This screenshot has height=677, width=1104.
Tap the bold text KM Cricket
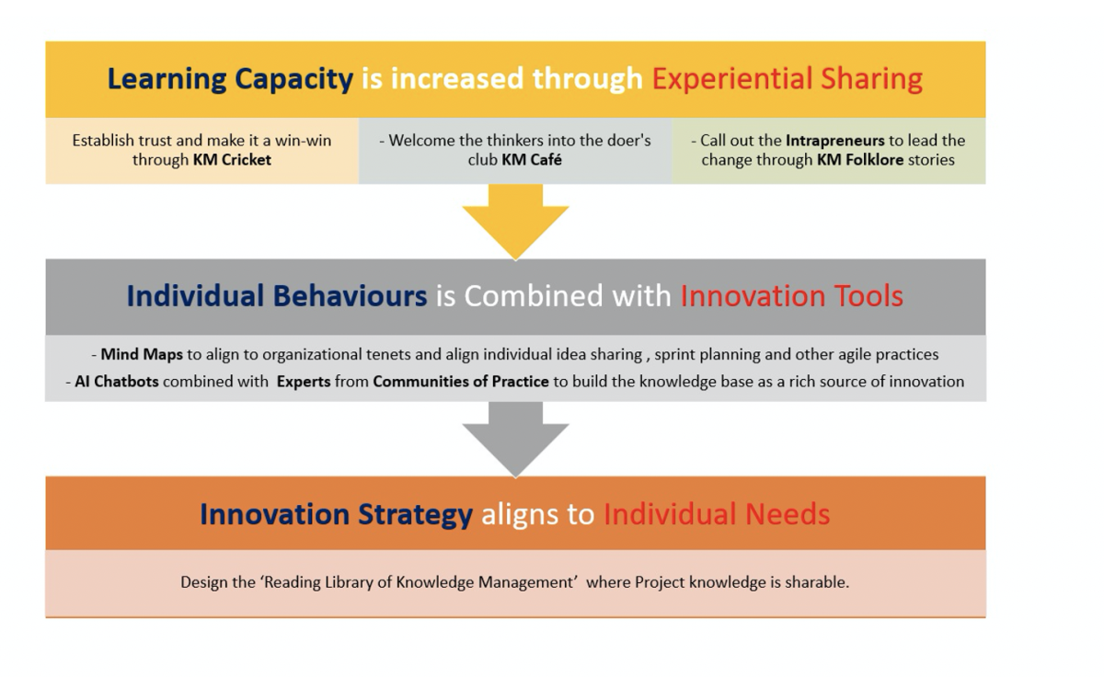(232, 160)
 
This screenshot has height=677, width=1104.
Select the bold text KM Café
(532, 160)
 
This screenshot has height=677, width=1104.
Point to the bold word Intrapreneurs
(835, 141)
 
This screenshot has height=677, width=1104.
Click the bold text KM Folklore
(860, 160)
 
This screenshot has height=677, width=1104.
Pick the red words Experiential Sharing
(788, 79)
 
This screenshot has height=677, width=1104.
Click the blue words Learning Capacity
(230, 80)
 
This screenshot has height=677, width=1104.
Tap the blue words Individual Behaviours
(277, 296)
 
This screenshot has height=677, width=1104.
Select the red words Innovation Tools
(791, 296)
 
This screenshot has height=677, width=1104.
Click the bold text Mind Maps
(142, 355)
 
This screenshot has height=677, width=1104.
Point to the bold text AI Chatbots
(116, 382)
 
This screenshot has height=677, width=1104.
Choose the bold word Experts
(304, 382)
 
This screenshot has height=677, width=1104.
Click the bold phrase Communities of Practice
(461, 382)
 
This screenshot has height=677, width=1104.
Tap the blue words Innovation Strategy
(336, 515)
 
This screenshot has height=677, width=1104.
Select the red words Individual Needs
(717, 514)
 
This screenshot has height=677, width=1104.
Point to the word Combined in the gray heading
(534, 296)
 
